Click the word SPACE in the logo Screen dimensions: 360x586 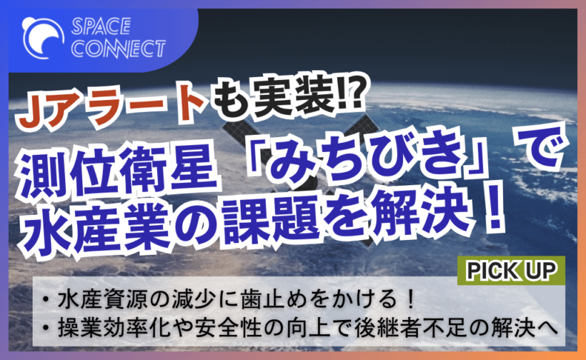point(100,27)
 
